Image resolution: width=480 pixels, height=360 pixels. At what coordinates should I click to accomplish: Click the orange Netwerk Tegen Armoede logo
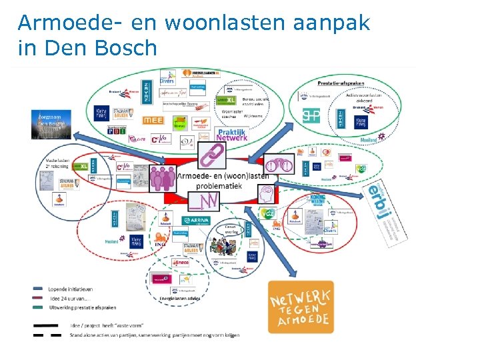(x=301, y=306)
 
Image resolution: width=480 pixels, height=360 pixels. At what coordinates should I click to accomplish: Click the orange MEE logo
(x=153, y=121)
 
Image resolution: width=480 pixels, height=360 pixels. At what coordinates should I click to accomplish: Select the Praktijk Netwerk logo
(x=231, y=135)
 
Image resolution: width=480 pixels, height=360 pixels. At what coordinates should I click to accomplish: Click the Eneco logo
(x=181, y=263)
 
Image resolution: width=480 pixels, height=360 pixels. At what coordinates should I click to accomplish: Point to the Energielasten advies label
(x=179, y=298)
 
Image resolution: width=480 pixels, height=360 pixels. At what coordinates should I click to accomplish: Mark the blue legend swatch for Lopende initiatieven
(x=38, y=289)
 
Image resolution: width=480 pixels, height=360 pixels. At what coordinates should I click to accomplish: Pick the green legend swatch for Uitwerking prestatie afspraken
(x=38, y=307)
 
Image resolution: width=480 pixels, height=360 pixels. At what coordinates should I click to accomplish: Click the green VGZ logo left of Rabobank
(x=267, y=215)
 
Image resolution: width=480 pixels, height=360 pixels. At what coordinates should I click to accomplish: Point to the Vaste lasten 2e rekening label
(x=59, y=164)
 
